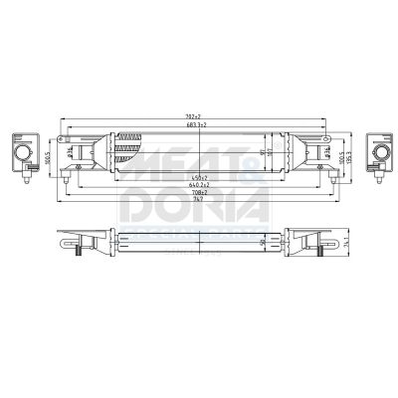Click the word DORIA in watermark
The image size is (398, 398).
click(x=194, y=206)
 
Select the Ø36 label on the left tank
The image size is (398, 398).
click(x=72, y=152)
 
